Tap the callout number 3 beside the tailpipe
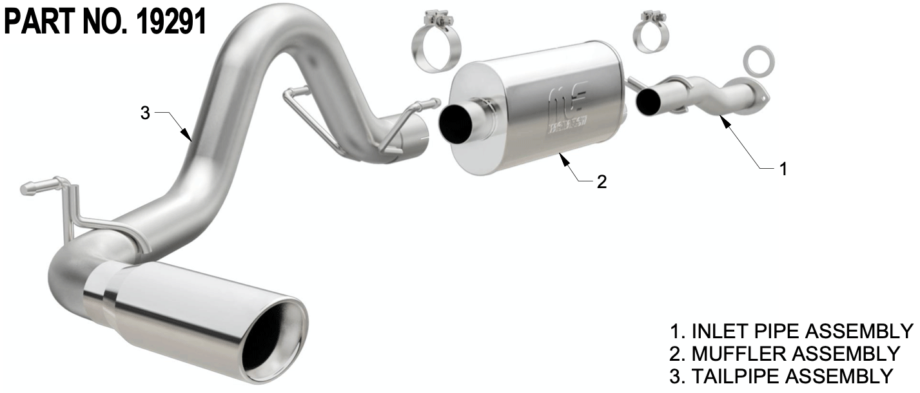pyautogui.click(x=145, y=113)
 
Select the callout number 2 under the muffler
pyautogui.click(x=602, y=182)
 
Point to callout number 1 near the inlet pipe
pyautogui.click(x=783, y=169)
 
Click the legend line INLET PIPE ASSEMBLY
pyautogui.click(x=791, y=331)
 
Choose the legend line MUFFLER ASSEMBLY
pyautogui.click(x=785, y=354)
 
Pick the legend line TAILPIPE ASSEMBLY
pyautogui.click(x=781, y=376)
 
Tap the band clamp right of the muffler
pyautogui.click(x=651, y=33)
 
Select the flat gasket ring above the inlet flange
pyautogui.click(x=759, y=62)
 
